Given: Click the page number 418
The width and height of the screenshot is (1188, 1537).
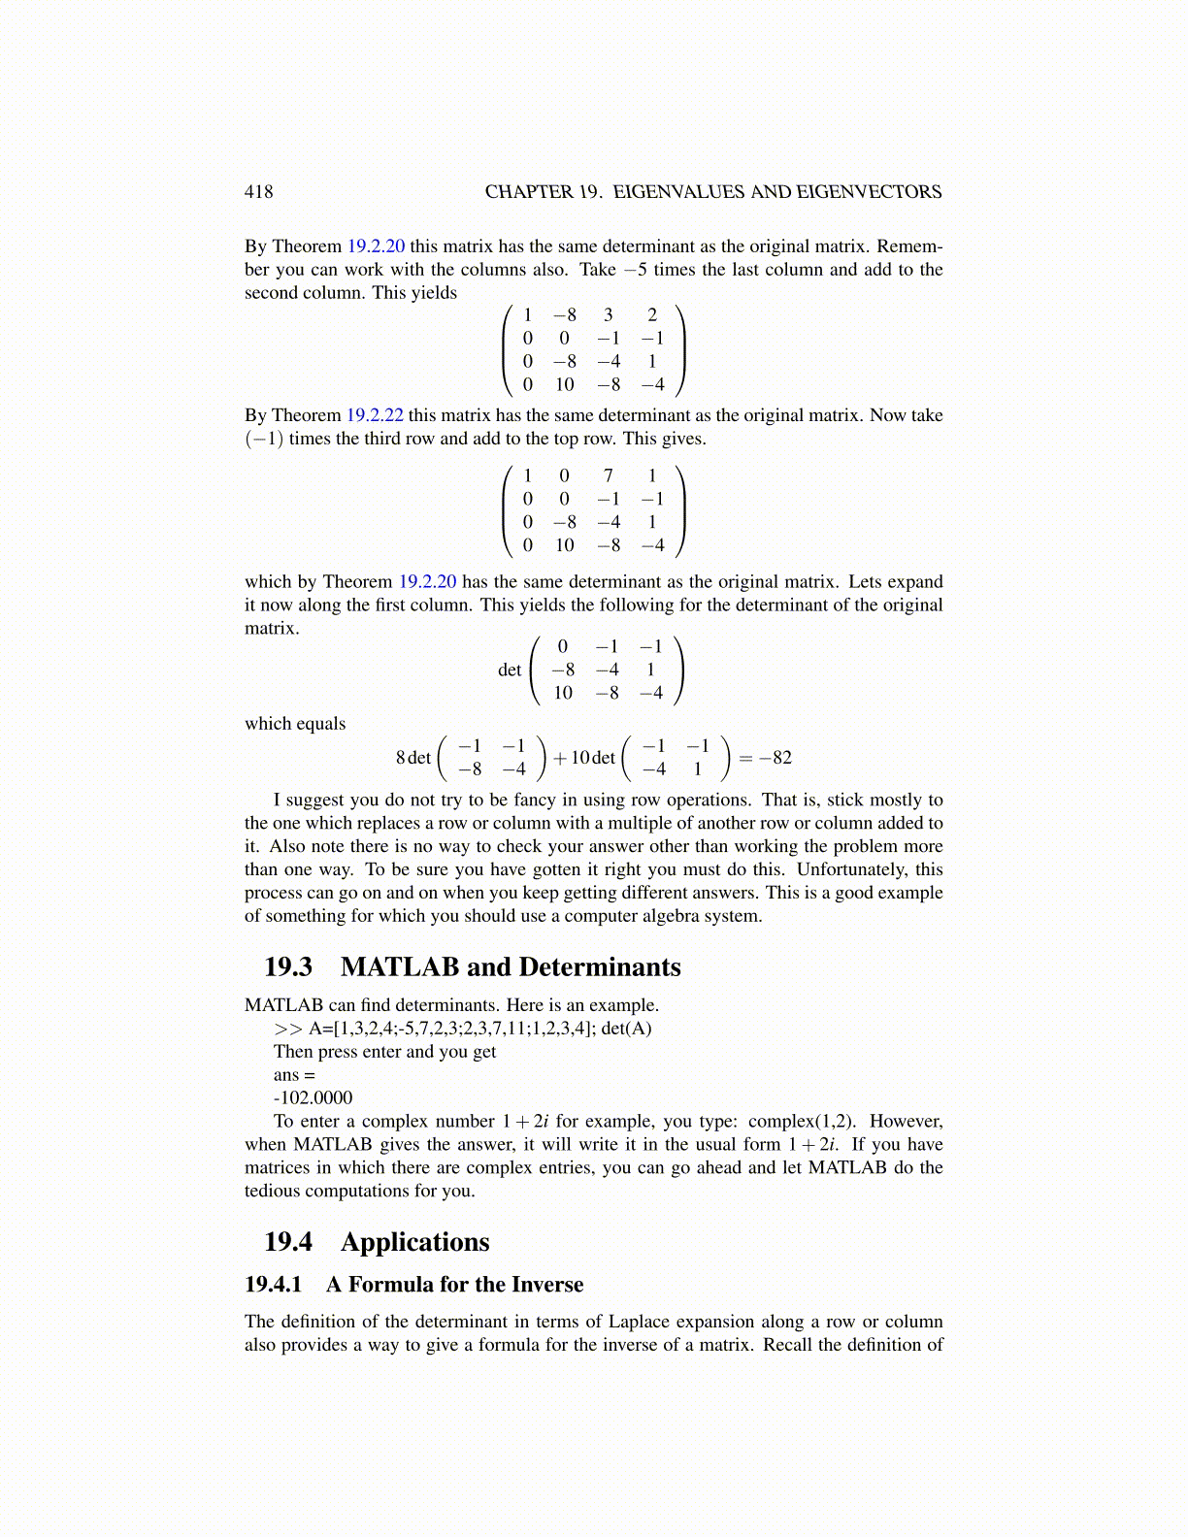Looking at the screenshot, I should click(x=258, y=192).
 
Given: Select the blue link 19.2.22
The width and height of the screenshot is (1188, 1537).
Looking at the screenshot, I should click(x=375, y=415).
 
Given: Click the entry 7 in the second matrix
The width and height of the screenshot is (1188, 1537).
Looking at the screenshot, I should click(x=609, y=475).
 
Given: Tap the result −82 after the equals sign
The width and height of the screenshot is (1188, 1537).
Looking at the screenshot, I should click(x=775, y=758).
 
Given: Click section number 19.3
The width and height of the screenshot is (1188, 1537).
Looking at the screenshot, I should click(x=288, y=967).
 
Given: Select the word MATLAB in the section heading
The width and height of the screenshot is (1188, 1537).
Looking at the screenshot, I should click(x=400, y=967).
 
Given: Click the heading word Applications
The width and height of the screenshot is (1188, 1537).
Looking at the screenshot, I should click(x=414, y=1243).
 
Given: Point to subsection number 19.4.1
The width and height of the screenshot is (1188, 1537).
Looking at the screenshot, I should click(x=274, y=1285).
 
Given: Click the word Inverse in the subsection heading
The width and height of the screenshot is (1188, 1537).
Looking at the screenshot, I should click(x=546, y=1285).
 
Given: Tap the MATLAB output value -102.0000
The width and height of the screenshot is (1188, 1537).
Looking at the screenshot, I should click(x=313, y=1098).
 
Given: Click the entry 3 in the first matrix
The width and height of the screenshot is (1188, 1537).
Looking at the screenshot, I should click(x=609, y=314).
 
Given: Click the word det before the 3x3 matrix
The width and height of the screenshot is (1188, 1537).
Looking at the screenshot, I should click(x=510, y=670).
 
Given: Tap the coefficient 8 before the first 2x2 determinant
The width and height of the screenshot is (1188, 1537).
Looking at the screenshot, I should click(x=401, y=758).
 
